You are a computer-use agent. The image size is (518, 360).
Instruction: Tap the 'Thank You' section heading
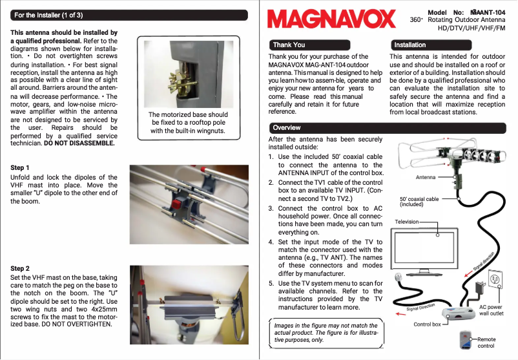289,45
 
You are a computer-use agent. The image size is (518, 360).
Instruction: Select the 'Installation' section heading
409,45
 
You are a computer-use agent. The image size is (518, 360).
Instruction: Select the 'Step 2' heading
21,268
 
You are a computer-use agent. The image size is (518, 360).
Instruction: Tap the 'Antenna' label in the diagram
425,177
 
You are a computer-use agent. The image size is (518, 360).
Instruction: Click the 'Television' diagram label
407,222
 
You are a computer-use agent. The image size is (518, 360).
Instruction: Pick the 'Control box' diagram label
427,324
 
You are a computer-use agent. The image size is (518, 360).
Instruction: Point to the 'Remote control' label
486,342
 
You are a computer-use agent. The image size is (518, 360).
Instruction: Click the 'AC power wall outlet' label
491,310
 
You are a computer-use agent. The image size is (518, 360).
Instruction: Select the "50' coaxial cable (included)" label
419,202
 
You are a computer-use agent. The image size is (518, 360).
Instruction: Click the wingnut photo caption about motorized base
188,123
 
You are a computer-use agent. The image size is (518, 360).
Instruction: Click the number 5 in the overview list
271,283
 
